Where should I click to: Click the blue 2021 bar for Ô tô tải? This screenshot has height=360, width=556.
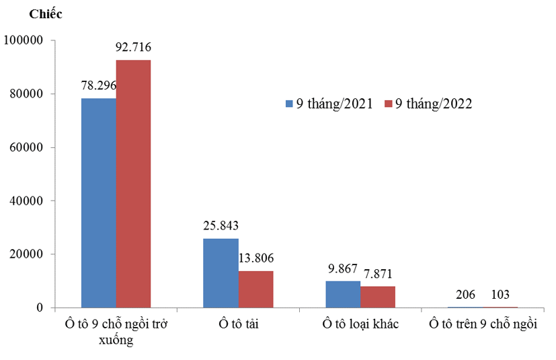tap(221, 273)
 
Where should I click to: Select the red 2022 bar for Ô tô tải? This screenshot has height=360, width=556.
tap(255, 289)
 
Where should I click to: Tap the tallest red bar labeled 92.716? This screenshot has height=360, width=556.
tap(133, 184)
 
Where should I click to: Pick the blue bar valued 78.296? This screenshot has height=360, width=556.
tap(98, 203)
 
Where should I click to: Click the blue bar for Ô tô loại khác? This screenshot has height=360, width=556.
tap(342, 294)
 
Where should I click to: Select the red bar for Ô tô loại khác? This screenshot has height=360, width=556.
tap(377, 297)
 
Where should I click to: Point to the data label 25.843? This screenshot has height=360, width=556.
tap(221, 225)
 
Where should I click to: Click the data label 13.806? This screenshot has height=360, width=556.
tap(255, 258)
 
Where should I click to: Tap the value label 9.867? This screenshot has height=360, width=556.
tap(342, 268)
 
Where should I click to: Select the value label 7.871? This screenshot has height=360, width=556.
tap(377, 273)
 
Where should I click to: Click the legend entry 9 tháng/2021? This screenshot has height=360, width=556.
tap(329, 104)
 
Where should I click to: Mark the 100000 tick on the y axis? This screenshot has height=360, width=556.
tap(24, 40)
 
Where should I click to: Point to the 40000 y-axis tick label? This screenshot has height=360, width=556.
tap(26, 201)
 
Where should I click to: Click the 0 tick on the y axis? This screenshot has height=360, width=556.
tap(40, 308)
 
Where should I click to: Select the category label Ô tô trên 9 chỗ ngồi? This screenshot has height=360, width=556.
tap(483, 324)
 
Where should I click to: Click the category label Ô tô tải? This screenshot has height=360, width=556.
tap(238, 324)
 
